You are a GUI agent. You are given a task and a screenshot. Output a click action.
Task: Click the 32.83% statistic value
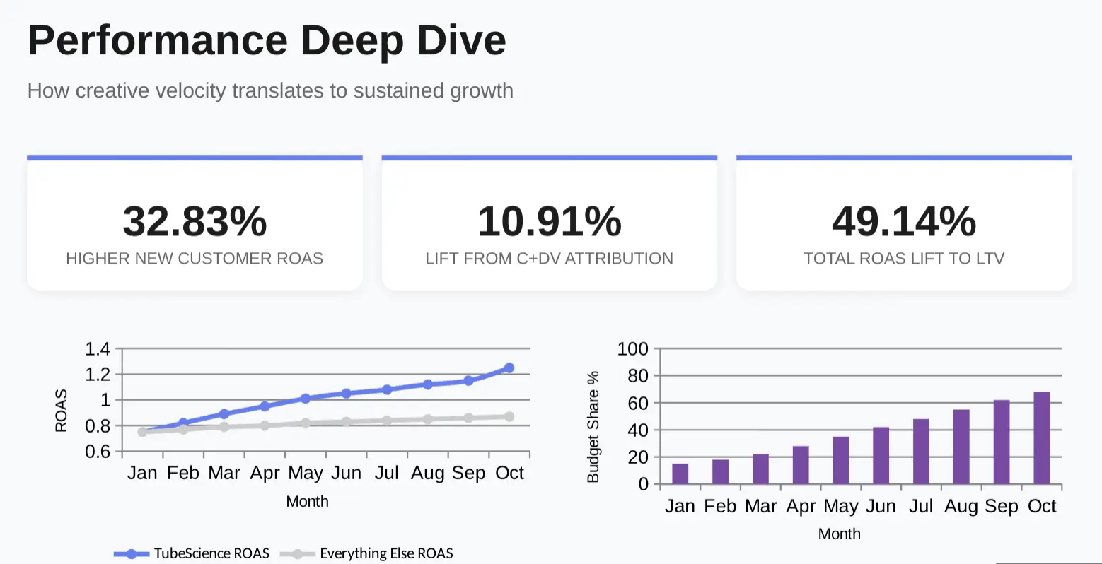coord(195,221)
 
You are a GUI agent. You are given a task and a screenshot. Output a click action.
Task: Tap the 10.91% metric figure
coord(550,221)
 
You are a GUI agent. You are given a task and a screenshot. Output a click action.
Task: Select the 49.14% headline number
coord(904,221)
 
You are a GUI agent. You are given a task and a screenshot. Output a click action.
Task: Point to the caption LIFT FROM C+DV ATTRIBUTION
coord(549,259)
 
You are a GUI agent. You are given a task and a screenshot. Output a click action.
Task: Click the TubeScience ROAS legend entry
coord(192,553)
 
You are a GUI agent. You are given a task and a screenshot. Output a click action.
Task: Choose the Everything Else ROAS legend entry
coord(367,553)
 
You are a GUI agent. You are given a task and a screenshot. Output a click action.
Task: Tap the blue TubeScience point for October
coord(509,368)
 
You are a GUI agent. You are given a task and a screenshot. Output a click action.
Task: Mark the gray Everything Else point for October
coord(509,417)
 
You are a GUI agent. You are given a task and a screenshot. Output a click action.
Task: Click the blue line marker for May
coord(306,399)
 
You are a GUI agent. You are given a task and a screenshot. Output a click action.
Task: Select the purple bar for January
coord(680,474)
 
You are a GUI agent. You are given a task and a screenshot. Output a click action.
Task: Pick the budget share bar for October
coord(1042,438)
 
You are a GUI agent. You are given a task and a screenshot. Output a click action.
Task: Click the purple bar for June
coord(881,456)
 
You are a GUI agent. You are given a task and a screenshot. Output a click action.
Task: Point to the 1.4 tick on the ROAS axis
coord(98,348)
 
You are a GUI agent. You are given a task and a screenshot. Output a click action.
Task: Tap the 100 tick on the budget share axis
coord(632,348)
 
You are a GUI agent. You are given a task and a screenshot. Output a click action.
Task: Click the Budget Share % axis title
coord(593,427)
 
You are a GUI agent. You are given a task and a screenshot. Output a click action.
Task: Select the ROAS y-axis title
coord(62,411)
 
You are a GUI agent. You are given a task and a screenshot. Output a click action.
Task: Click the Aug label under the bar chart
coord(961,506)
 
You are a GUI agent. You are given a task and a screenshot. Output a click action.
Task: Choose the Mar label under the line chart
coord(224,473)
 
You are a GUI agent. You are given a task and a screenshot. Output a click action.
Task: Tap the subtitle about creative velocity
coord(270,90)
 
